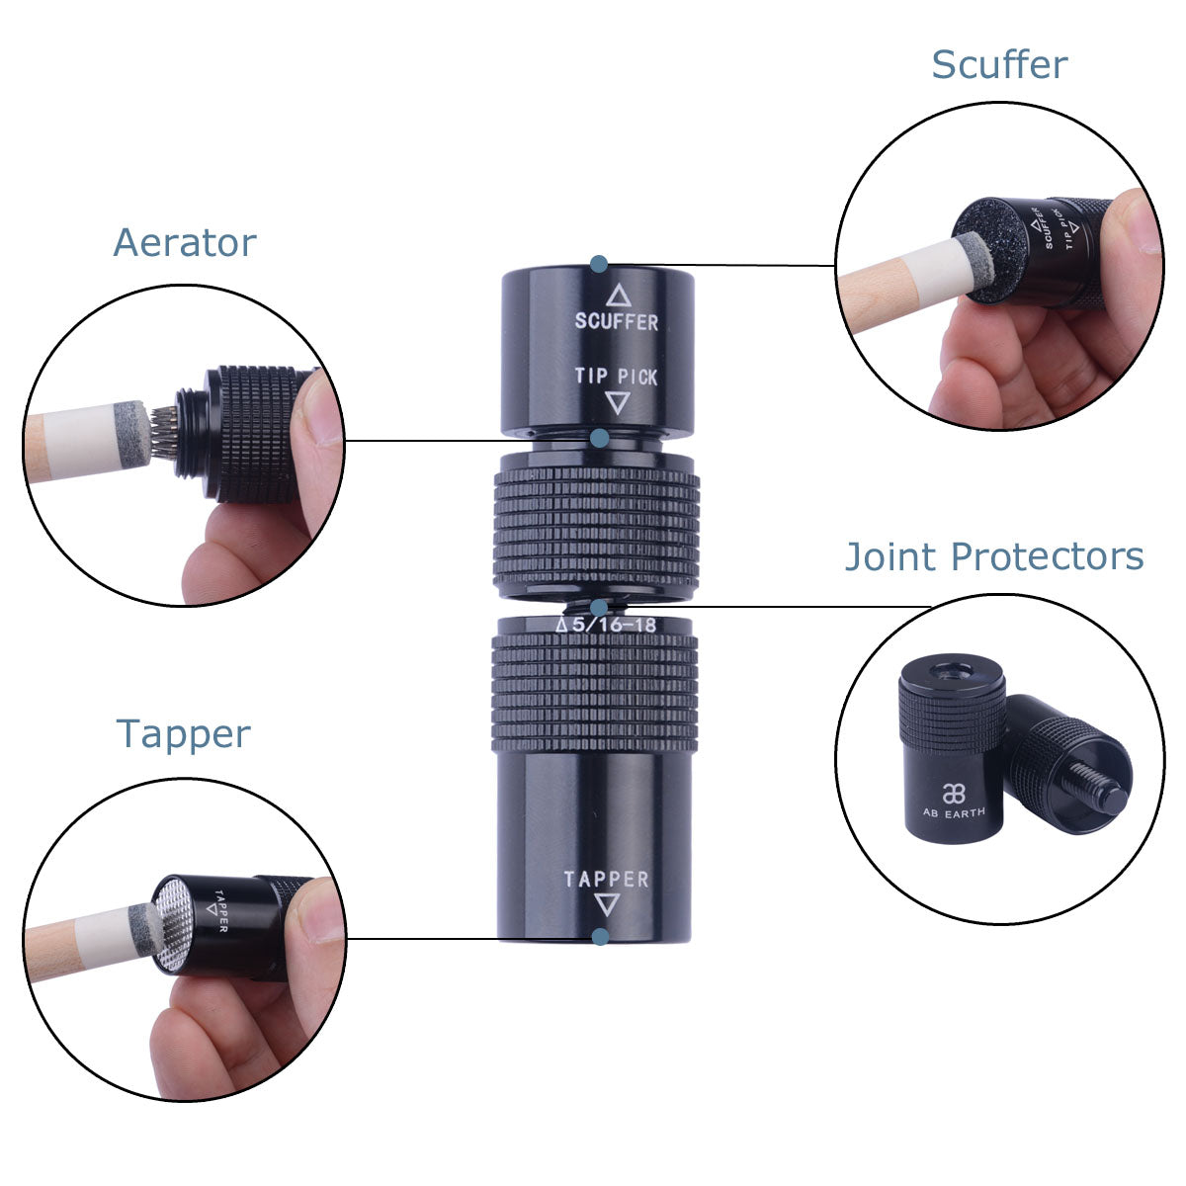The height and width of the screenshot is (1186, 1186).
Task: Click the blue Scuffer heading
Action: [999, 64]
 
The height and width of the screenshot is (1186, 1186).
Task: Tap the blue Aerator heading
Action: [185, 242]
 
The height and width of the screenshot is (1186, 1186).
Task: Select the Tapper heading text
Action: [184, 734]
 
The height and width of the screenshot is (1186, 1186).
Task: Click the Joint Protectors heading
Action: [994, 556]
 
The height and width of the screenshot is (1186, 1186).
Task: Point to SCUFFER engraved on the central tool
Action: [616, 321]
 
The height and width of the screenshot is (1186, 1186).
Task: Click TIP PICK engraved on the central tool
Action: [616, 376]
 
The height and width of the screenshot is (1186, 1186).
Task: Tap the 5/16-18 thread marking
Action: [614, 625]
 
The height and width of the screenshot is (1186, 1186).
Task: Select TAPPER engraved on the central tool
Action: [606, 879]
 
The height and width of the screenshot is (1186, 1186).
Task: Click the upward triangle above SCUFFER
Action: [618, 295]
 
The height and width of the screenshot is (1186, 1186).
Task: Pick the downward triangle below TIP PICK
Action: [618, 402]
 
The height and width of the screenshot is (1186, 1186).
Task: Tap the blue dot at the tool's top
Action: [598, 265]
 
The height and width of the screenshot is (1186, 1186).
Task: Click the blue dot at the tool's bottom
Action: [600, 937]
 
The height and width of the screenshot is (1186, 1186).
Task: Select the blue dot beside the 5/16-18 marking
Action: [598, 609]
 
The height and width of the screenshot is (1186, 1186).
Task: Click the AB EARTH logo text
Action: [954, 812]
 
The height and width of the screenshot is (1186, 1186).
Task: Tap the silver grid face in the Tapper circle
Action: [174, 924]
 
